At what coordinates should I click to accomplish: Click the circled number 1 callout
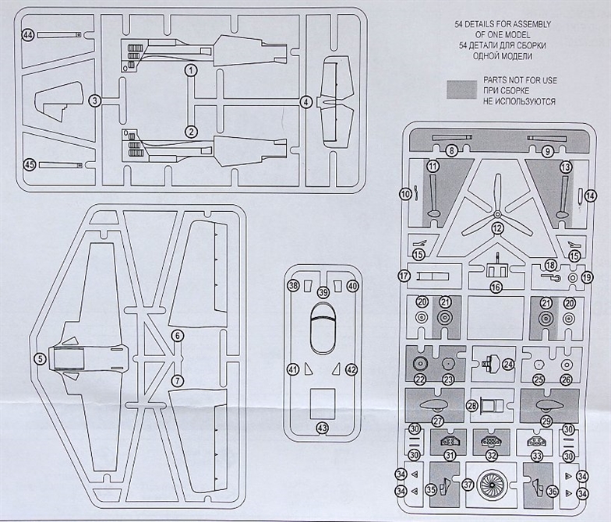click(191, 70)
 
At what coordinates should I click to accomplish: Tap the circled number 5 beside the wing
click(38, 359)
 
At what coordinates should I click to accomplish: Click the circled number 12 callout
click(496, 228)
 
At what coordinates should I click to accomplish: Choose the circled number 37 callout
click(468, 485)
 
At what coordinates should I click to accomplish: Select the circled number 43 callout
click(321, 428)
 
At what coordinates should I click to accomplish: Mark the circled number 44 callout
click(28, 35)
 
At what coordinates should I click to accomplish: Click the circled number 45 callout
click(30, 164)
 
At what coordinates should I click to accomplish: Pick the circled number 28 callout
click(471, 406)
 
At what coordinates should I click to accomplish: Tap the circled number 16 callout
click(496, 287)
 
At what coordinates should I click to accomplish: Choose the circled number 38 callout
click(293, 286)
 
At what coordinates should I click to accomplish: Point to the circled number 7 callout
click(177, 381)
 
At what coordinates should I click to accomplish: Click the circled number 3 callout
click(94, 101)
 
